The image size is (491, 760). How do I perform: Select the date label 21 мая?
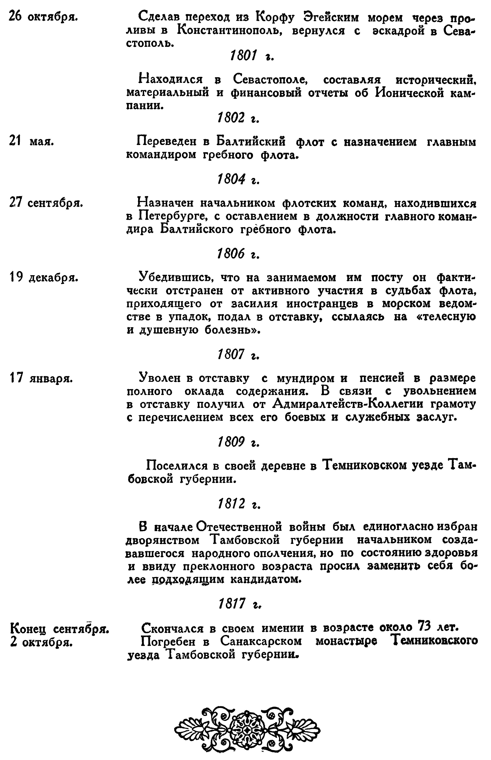pos(32,141)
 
